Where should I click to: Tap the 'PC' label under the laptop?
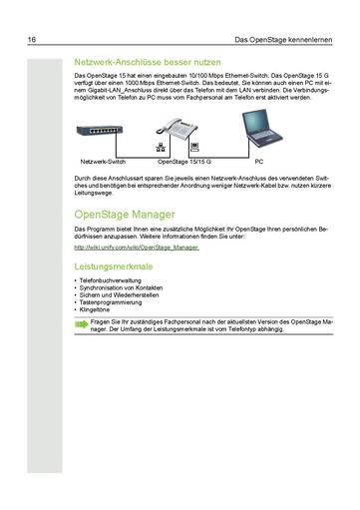coord(259,161)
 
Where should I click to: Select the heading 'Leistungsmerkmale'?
coord(114,267)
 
